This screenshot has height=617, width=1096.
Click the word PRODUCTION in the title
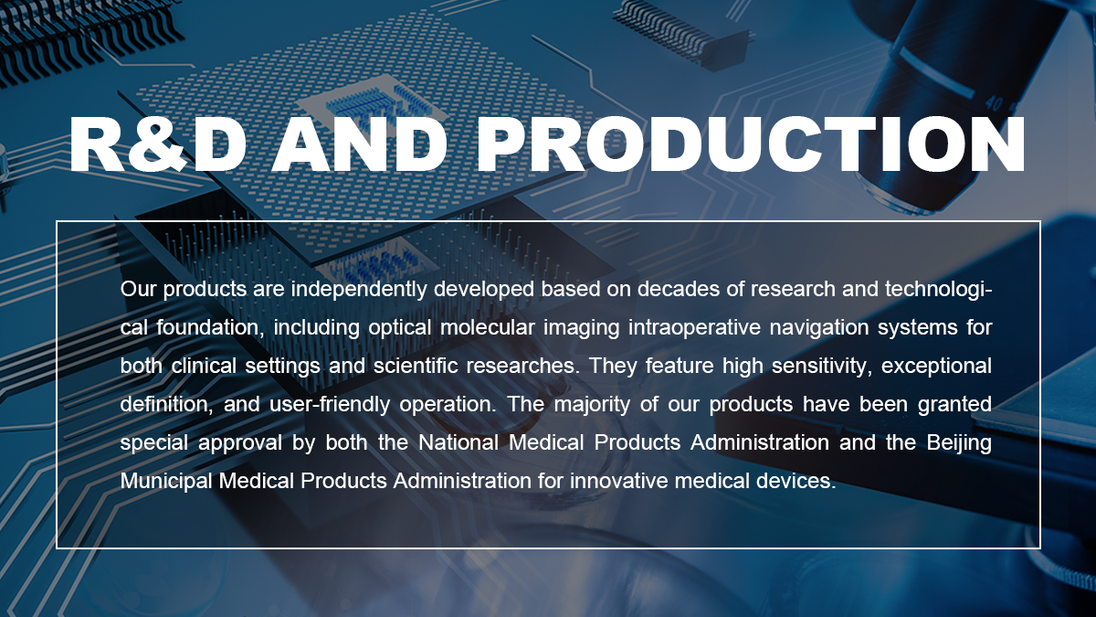click(x=751, y=144)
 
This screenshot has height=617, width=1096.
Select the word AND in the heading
click(x=360, y=144)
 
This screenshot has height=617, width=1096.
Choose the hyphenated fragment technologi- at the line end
click(x=939, y=290)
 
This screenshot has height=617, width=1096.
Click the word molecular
click(x=488, y=327)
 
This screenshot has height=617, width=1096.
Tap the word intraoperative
click(x=694, y=328)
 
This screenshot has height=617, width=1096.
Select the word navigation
click(x=819, y=328)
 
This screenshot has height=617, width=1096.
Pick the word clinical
click(x=204, y=366)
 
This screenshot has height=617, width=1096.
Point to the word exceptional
click(x=936, y=367)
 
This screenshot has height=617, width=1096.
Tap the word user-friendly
click(x=330, y=404)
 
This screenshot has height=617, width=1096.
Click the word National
click(x=458, y=442)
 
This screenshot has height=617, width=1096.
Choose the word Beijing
click(x=959, y=443)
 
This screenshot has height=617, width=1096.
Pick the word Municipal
click(x=166, y=482)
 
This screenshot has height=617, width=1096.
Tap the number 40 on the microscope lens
click(x=994, y=103)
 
